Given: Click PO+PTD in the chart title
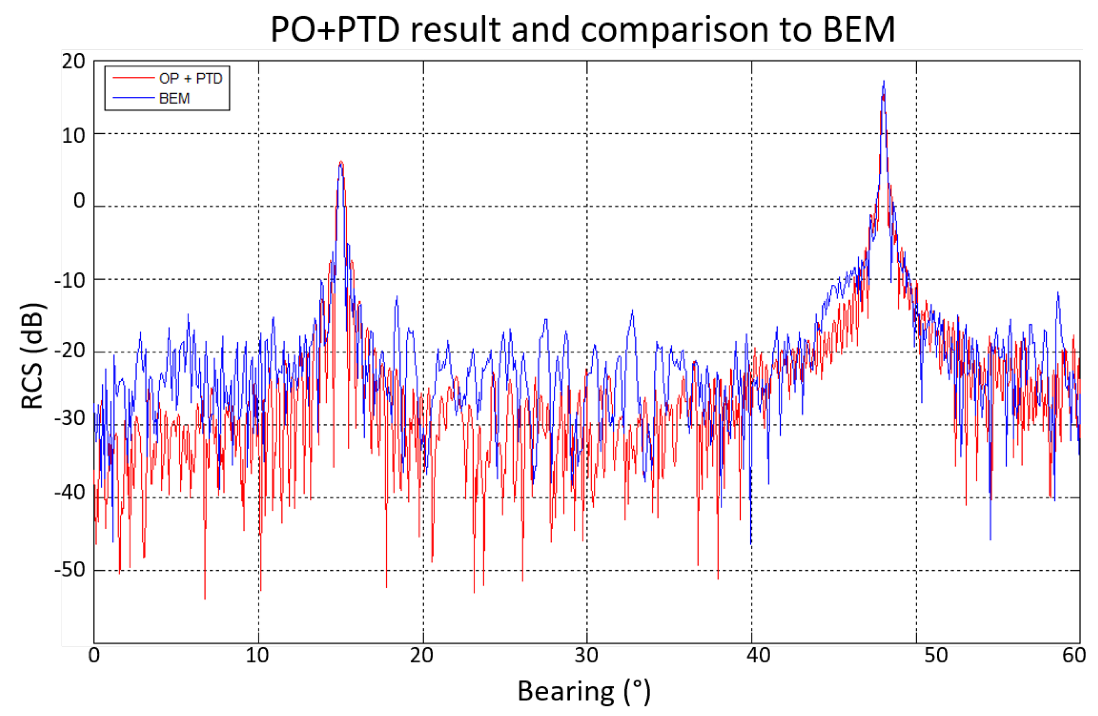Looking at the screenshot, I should click(335, 29).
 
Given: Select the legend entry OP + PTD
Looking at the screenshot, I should click(190, 78).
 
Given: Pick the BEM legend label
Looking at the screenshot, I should click(174, 98).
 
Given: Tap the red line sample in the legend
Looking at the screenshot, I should click(133, 78).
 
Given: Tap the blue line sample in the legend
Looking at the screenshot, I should click(133, 98).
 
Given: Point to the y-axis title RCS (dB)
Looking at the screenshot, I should click(32, 356).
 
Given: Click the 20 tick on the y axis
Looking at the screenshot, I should click(74, 62).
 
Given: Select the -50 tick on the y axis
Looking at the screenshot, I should click(70, 570).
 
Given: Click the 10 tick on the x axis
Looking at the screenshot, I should click(257, 656).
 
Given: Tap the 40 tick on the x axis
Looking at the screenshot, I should click(758, 656).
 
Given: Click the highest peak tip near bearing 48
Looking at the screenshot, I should click(884, 81).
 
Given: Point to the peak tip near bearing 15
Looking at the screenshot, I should click(341, 161).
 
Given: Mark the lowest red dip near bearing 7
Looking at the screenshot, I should click(205, 598).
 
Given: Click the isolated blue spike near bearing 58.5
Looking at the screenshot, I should click(1058, 292).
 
